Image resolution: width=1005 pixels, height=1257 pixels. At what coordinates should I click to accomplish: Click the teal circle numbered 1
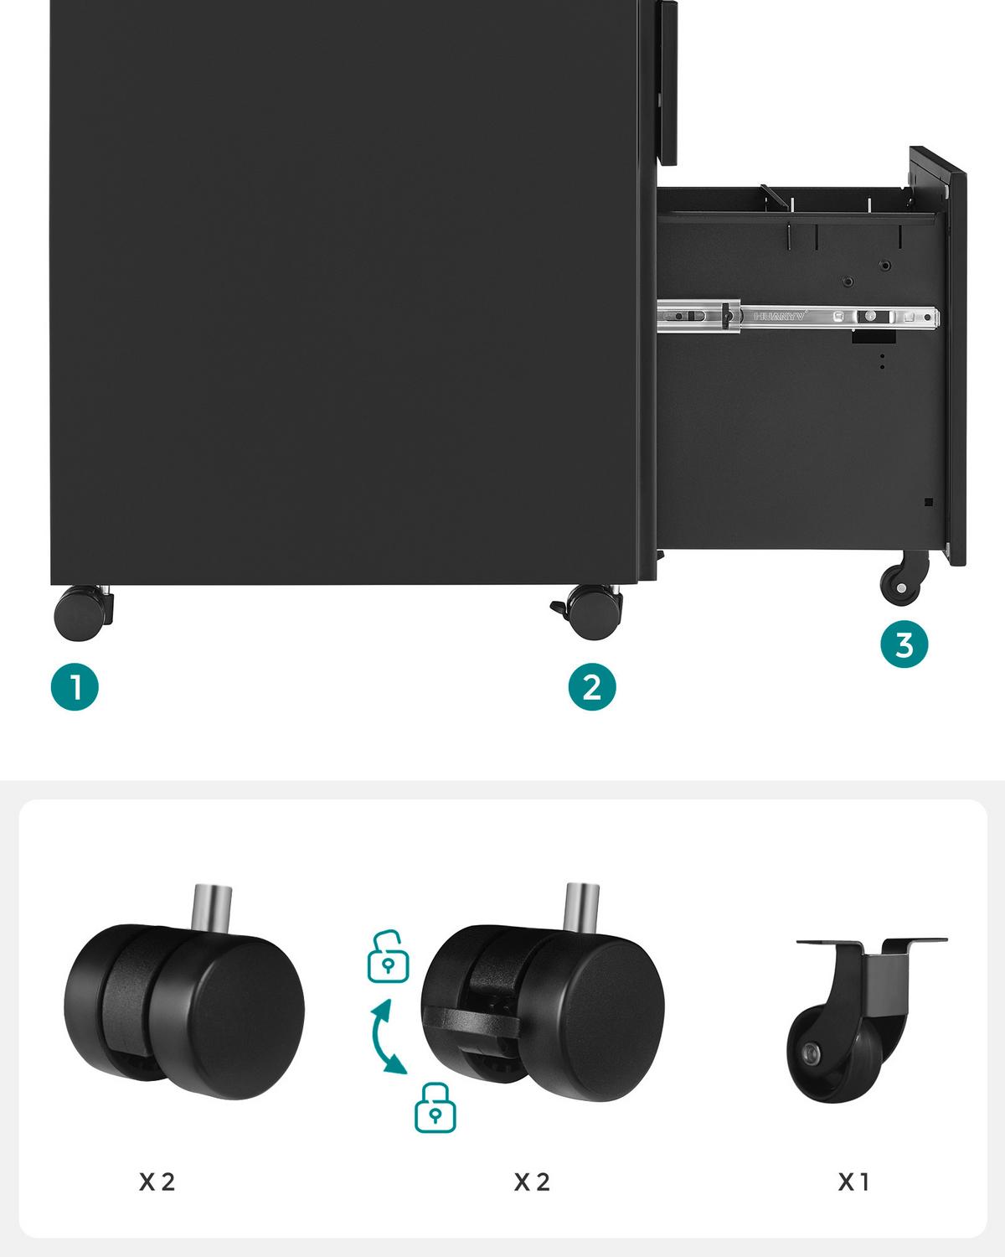(x=75, y=687)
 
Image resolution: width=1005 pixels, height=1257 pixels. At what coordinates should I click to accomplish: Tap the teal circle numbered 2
(x=591, y=687)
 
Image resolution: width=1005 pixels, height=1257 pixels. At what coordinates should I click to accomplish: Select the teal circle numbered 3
(x=904, y=645)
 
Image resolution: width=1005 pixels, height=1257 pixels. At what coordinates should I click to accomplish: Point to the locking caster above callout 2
(x=594, y=609)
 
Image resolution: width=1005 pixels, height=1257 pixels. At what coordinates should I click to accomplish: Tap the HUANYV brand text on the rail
(x=779, y=317)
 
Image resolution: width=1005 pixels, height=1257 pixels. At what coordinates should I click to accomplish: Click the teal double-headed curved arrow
(x=387, y=1036)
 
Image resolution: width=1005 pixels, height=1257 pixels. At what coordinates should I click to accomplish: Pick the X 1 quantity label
(x=853, y=1182)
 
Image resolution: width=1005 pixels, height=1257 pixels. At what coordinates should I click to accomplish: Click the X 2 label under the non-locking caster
(x=157, y=1182)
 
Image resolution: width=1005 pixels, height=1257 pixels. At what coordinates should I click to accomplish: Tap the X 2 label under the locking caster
(x=532, y=1182)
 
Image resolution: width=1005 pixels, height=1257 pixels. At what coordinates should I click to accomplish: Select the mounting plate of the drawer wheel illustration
(x=871, y=943)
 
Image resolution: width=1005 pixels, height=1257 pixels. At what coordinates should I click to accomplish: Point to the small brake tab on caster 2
(x=558, y=606)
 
